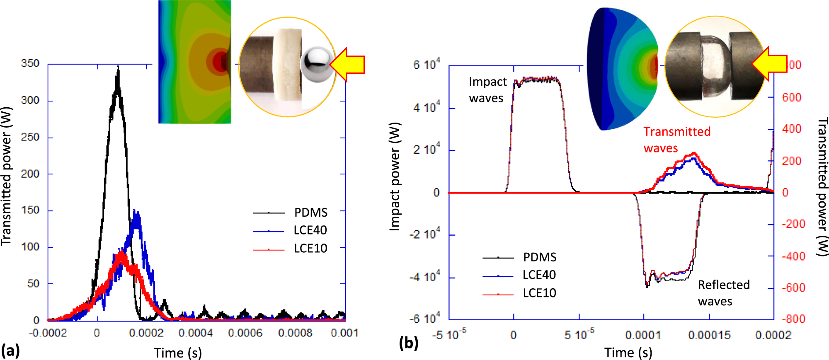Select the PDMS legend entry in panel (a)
click(x=310, y=213)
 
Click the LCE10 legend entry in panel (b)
click(x=539, y=293)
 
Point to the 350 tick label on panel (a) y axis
click(x=30, y=64)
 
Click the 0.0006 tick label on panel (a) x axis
click(x=245, y=333)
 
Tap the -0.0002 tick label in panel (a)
click(x=48, y=333)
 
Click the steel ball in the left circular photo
click(x=317, y=64)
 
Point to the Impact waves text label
click(x=487, y=90)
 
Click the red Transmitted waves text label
click(x=676, y=140)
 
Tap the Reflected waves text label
click(x=723, y=293)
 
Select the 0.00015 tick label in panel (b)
click(x=709, y=335)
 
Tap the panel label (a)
click(x=10, y=350)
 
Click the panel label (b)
click(x=408, y=343)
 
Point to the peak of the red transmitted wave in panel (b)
click(x=694, y=153)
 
